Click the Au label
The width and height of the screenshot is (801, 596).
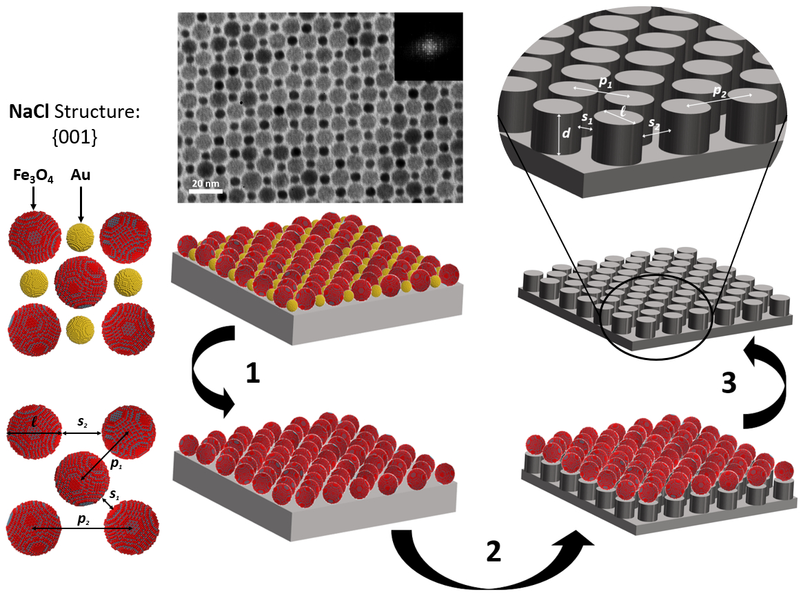click(x=81, y=177)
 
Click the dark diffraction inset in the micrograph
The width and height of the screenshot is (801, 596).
click(x=427, y=47)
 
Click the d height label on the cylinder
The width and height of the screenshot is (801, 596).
click(x=566, y=132)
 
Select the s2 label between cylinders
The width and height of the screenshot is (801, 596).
click(x=655, y=126)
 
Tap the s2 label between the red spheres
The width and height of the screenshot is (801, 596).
click(x=82, y=421)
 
